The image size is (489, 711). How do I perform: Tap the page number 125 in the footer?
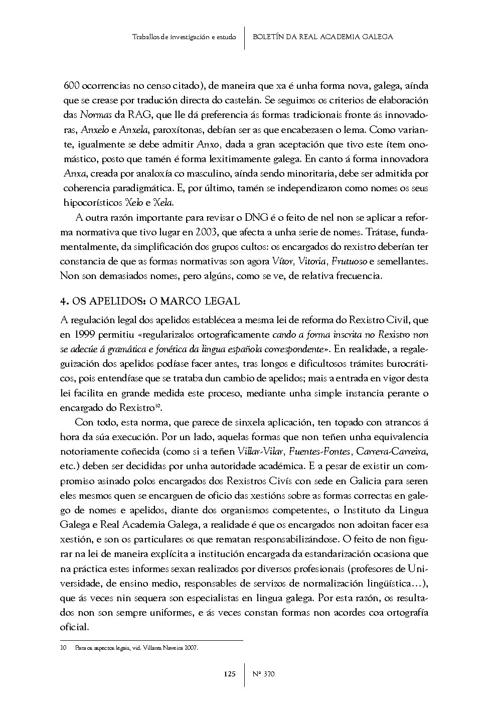tap(230, 674)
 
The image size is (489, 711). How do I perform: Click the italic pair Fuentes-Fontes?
tap(314, 451)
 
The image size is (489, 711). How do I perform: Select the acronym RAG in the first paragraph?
tap(138, 115)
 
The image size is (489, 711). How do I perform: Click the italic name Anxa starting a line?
tap(74, 174)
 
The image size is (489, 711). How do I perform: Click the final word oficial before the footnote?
tap(74, 627)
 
